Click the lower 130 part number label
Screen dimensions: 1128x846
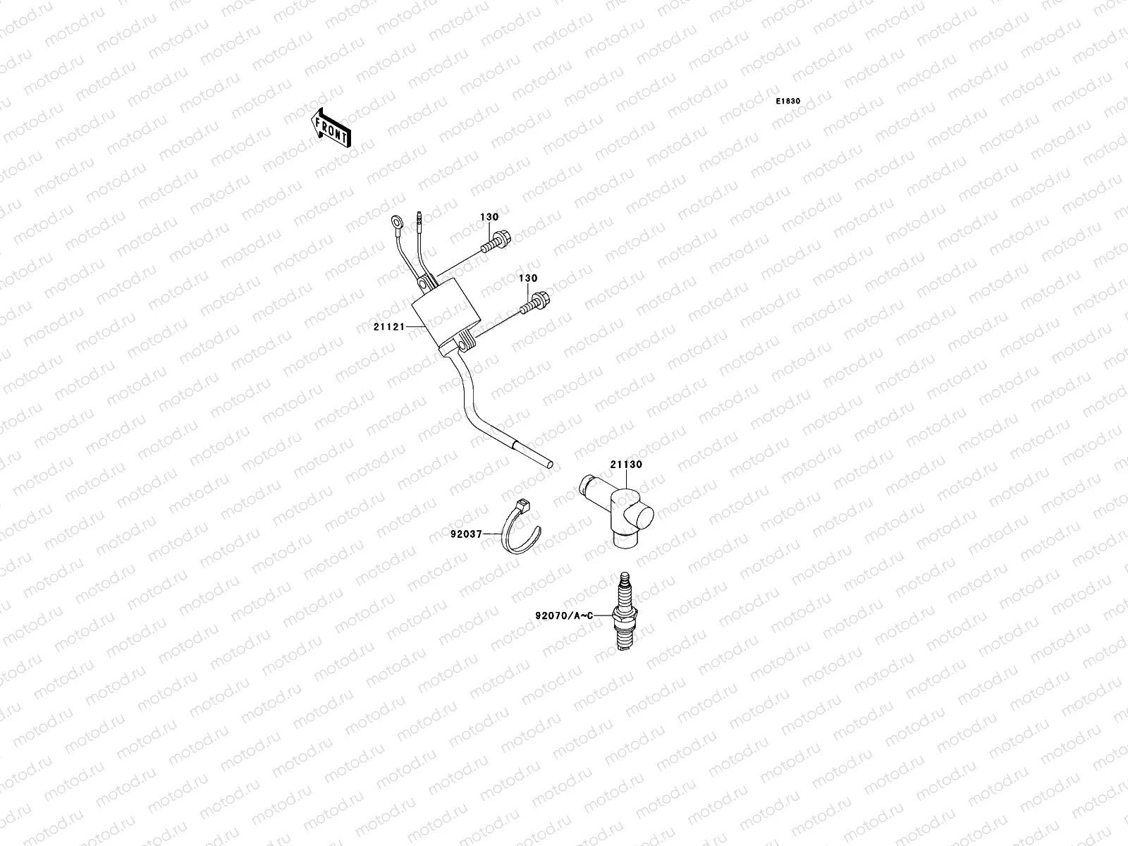point(529,279)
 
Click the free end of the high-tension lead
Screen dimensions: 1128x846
point(548,464)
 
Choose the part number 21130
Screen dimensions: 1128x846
point(625,465)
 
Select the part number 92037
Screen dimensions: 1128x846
point(466,534)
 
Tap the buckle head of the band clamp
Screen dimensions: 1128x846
point(522,506)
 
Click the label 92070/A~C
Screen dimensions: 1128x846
point(565,615)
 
